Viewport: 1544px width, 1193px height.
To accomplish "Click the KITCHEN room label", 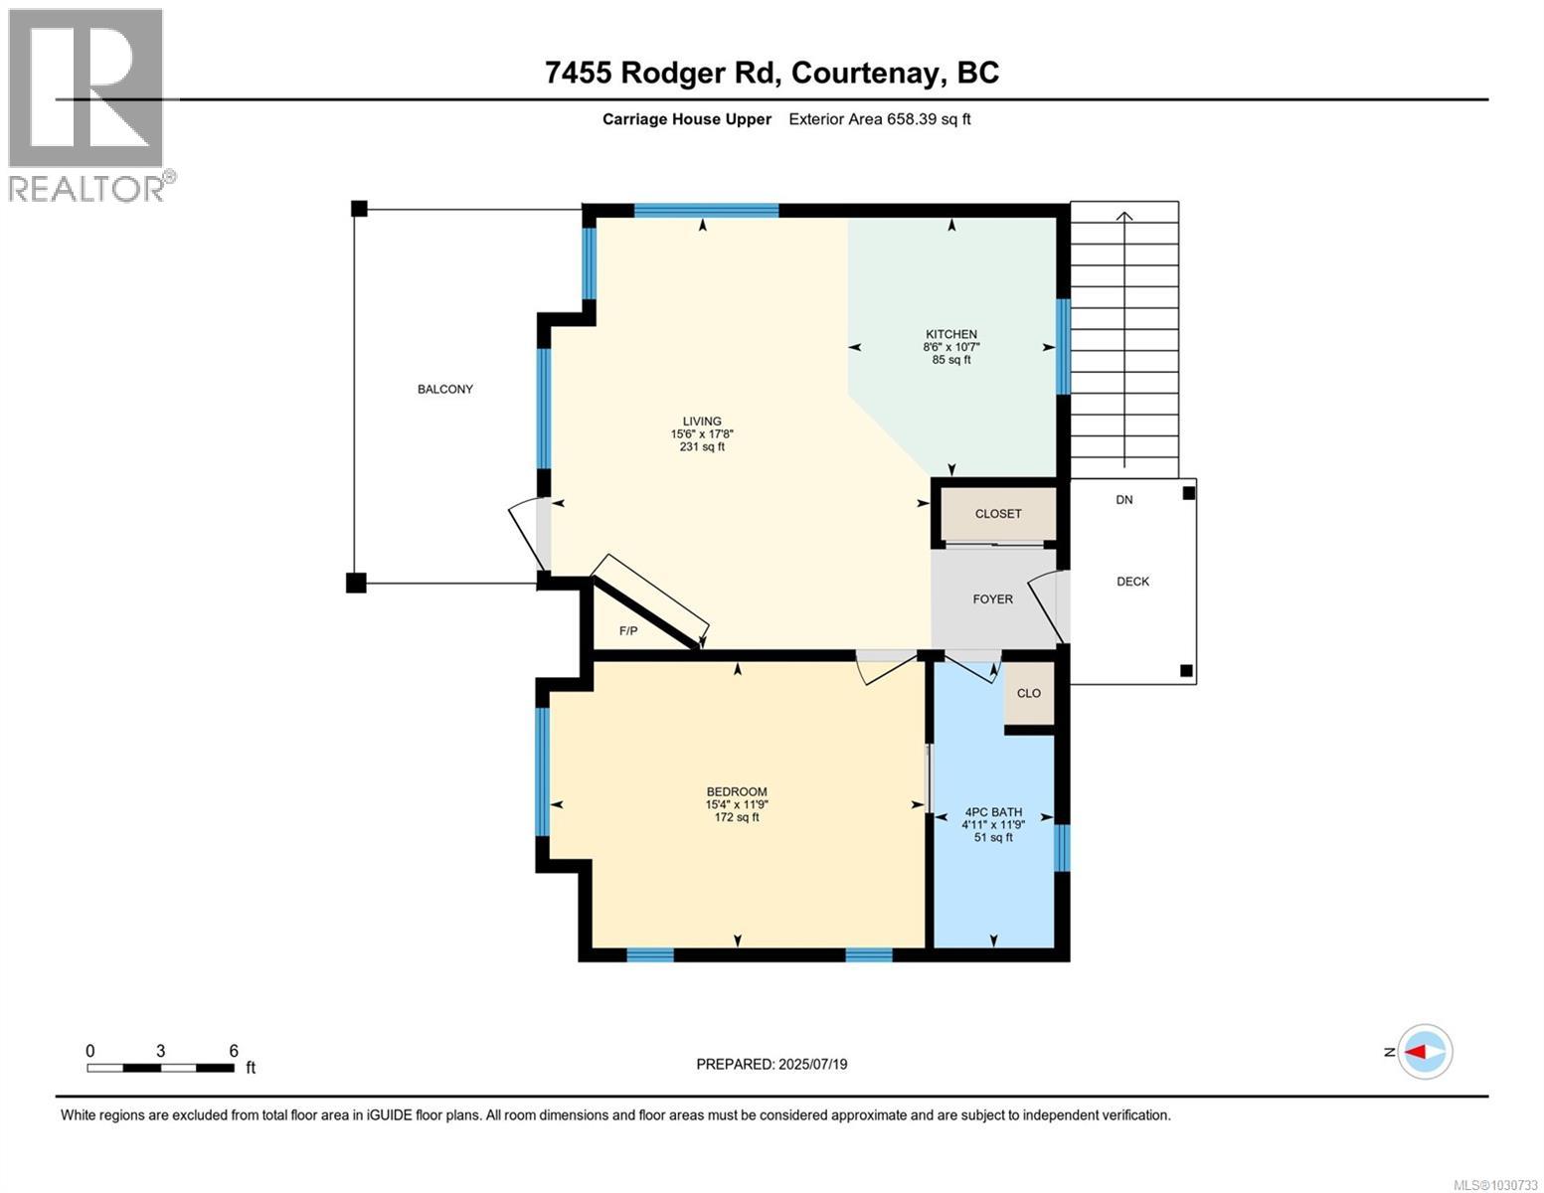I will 951,334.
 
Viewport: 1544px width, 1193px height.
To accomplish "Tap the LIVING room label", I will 701,422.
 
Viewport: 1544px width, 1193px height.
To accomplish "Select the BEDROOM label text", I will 737,792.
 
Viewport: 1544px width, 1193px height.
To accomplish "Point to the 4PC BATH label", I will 991,812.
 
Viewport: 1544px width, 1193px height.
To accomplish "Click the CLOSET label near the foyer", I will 997,514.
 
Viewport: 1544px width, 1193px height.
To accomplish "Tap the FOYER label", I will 992,599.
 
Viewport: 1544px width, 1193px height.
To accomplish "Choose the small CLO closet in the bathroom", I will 1028,693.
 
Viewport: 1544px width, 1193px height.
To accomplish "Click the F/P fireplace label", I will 628,631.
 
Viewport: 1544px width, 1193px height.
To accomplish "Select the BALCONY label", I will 444,389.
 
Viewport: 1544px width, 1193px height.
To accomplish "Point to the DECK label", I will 1132,582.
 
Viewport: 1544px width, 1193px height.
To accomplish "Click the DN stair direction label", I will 1123,500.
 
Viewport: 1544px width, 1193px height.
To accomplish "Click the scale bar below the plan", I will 160,1068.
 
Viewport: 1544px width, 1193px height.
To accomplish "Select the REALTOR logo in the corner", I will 86,104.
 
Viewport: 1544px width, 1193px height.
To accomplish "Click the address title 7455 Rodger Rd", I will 772,73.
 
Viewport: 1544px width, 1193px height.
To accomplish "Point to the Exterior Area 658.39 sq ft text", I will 879,119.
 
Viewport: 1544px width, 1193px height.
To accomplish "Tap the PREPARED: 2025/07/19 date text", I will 772,1064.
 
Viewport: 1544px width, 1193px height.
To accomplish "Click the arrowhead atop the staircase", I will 1124,216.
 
